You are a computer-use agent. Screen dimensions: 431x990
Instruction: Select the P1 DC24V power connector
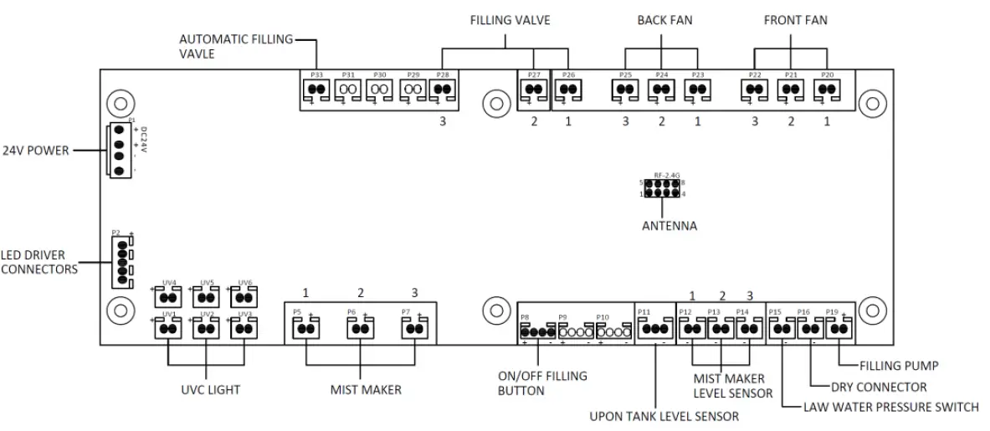click(119, 150)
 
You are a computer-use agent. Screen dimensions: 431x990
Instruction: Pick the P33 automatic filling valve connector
click(316, 90)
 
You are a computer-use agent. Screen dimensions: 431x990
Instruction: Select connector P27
click(533, 90)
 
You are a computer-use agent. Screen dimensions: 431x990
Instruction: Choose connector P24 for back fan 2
click(661, 90)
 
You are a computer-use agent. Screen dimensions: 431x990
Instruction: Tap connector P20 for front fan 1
click(827, 90)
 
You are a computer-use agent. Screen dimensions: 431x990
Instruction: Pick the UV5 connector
click(207, 297)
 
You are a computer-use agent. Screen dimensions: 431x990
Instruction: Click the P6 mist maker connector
click(360, 329)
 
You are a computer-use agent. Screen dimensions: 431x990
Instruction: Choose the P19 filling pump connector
click(838, 329)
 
